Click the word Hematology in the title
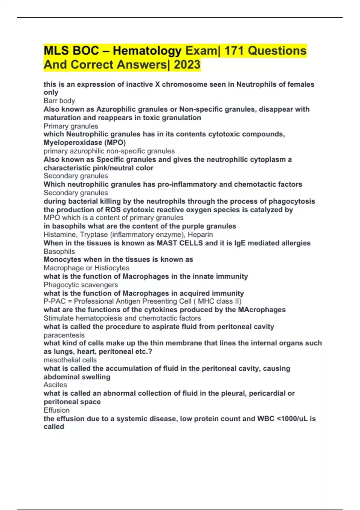(147, 51)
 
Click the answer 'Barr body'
(59, 101)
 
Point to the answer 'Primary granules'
(71, 126)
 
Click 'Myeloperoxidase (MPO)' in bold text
(85, 142)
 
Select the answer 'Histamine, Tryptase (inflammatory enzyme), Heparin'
(128, 235)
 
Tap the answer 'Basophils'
(59, 251)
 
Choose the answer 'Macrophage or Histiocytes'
(86, 268)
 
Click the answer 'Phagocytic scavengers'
(81, 285)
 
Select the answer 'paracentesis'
(64, 335)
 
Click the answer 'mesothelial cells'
(70, 360)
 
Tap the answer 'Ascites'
(55, 385)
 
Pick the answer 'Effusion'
(56, 410)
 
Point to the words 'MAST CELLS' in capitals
(180, 243)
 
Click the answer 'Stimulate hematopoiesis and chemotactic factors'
(122, 318)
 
